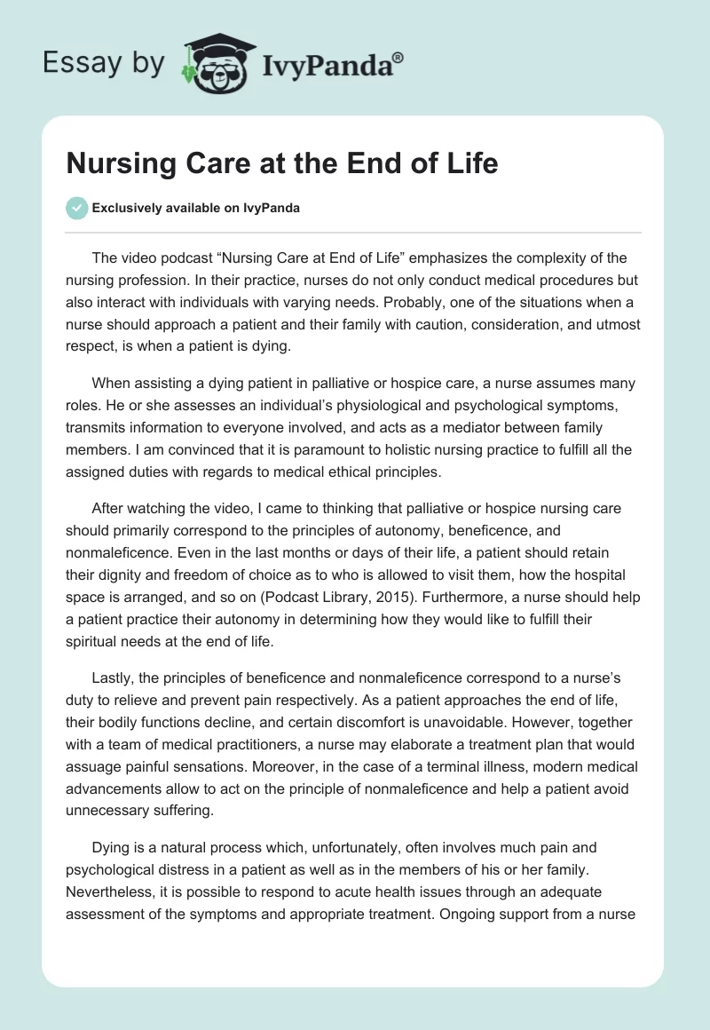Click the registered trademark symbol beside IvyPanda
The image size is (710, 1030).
point(398,56)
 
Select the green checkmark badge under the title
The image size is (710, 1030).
point(76,208)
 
